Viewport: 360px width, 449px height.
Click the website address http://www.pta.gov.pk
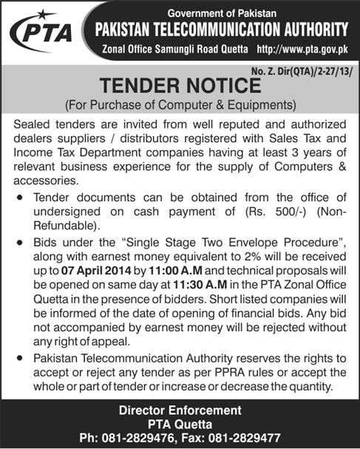(x=301, y=48)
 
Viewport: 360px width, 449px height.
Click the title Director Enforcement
(x=180, y=410)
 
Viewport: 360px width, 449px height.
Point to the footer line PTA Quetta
(x=180, y=423)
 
